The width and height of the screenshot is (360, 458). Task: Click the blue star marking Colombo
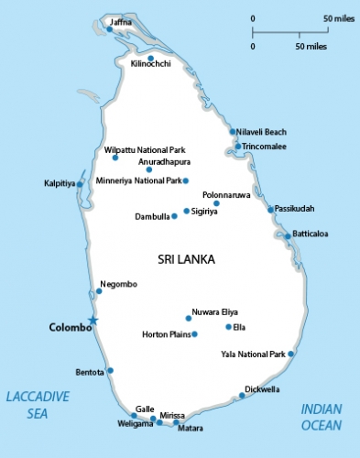pos(92,320)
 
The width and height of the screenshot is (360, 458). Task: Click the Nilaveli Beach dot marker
pos(233,132)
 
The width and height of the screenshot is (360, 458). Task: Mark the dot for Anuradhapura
pos(149,169)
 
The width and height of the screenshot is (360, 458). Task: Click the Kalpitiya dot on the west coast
pos(80,184)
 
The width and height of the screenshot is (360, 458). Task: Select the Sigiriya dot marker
pos(187,212)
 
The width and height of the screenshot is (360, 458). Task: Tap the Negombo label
pos(119,284)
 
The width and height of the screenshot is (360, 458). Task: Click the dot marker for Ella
pos(228,327)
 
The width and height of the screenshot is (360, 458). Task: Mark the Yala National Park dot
pos(291,354)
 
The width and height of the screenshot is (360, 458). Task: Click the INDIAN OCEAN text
pos(322,418)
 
